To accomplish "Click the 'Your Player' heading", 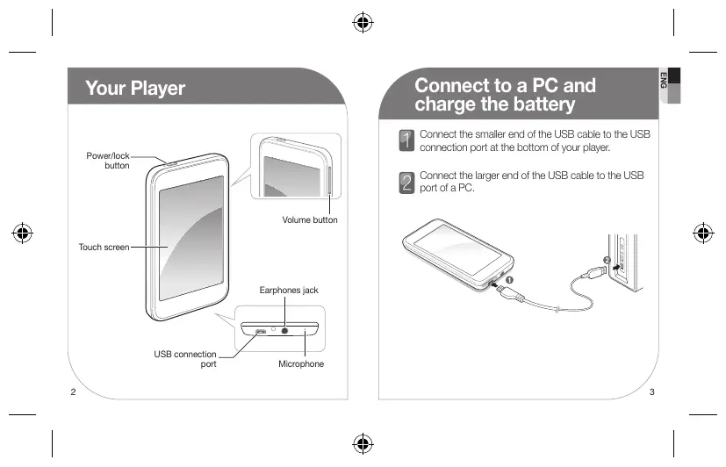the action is coord(135,89).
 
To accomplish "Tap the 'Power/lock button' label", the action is coord(107,161).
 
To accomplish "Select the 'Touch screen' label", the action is coord(104,248).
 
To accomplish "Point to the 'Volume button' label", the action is coord(309,219).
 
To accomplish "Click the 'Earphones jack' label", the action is coord(288,289).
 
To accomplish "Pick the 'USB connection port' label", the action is coord(185,359).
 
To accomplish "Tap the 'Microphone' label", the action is coord(301,363).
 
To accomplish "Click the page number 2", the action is coord(73,392).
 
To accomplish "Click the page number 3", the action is coord(652,392).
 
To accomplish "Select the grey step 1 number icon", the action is coord(406,139).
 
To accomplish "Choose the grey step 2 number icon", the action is coord(406,182).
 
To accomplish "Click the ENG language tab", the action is coord(665,78).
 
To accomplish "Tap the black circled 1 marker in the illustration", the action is coord(509,277).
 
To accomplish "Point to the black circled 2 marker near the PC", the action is coord(607,260).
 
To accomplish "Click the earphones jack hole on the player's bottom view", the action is coord(285,331).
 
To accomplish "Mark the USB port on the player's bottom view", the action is coord(261,332).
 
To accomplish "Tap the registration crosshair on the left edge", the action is coord(23,233).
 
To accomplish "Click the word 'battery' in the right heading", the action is coord(538,105).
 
